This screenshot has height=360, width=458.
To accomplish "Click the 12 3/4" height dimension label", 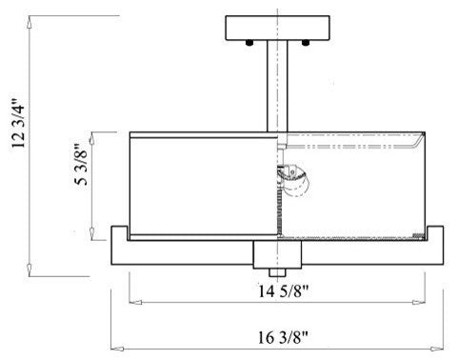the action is (18, 123).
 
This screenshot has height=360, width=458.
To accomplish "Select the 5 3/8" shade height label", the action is (81, 165).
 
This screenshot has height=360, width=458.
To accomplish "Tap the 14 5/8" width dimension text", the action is (283, 291).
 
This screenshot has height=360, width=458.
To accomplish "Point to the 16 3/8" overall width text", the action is (283, 337).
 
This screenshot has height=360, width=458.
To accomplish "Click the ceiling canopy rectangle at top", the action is (277, 28).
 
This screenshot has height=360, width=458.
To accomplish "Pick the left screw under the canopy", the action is (249, 43).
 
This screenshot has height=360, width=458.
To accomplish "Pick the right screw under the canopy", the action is (306, 43).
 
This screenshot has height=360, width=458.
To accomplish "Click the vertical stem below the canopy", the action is (277, 86).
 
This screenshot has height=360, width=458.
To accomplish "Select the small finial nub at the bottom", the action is (277, 272).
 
